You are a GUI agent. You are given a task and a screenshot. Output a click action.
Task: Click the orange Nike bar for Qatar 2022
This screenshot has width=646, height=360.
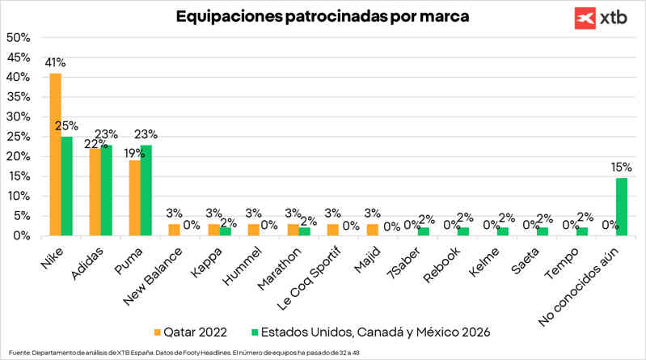[55, 155]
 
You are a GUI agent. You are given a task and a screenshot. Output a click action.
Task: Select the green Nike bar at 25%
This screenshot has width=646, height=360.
[66, 186]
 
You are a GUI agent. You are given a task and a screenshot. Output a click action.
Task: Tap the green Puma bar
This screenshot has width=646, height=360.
[146, 190]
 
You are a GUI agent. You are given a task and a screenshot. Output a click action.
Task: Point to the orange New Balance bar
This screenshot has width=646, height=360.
[174, 230]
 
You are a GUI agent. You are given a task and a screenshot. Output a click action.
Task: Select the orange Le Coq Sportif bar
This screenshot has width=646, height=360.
[332, 230]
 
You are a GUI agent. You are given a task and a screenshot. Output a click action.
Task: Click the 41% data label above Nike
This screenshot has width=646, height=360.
[56, 62]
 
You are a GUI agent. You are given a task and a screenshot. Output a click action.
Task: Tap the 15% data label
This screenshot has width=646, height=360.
[621, 167]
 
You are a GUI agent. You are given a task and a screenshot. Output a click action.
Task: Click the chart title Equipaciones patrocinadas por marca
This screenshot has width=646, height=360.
[323, 15]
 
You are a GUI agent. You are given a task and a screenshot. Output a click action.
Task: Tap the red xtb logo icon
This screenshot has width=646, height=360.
[585, 18]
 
